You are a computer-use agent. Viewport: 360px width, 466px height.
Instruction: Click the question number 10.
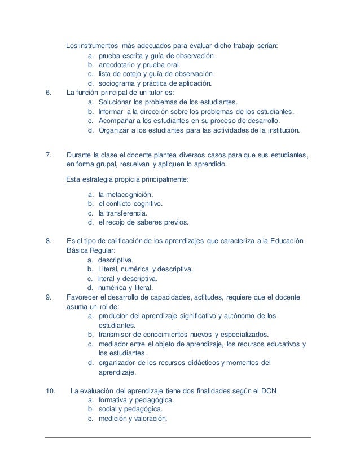pos(50,390)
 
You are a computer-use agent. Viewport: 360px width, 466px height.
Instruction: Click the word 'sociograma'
pos(116,83)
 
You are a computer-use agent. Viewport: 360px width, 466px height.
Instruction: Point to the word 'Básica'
pos(77,250)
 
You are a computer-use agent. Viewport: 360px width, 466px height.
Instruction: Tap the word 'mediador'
pos(113,344)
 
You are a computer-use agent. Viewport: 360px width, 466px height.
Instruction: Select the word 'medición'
pos(112,418)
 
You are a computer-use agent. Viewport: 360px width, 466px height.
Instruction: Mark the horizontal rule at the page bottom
pos(179,437)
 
